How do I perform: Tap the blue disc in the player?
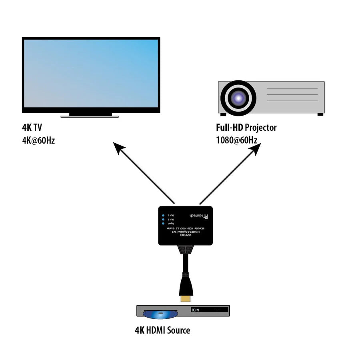tap(160, 315)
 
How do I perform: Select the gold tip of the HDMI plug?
tap(185, 298)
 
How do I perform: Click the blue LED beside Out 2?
tap(163, 215)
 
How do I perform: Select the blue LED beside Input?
tap(163, 224)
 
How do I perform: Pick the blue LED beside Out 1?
tap(163, 219)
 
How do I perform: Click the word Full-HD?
tap(230, 128)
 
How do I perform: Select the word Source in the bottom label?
tap(178, 330)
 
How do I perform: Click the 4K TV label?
tap(32, 128)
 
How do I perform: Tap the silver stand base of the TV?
tap(90, 116)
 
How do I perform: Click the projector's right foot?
tap(320, 114)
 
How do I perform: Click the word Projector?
tap(261, 128)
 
